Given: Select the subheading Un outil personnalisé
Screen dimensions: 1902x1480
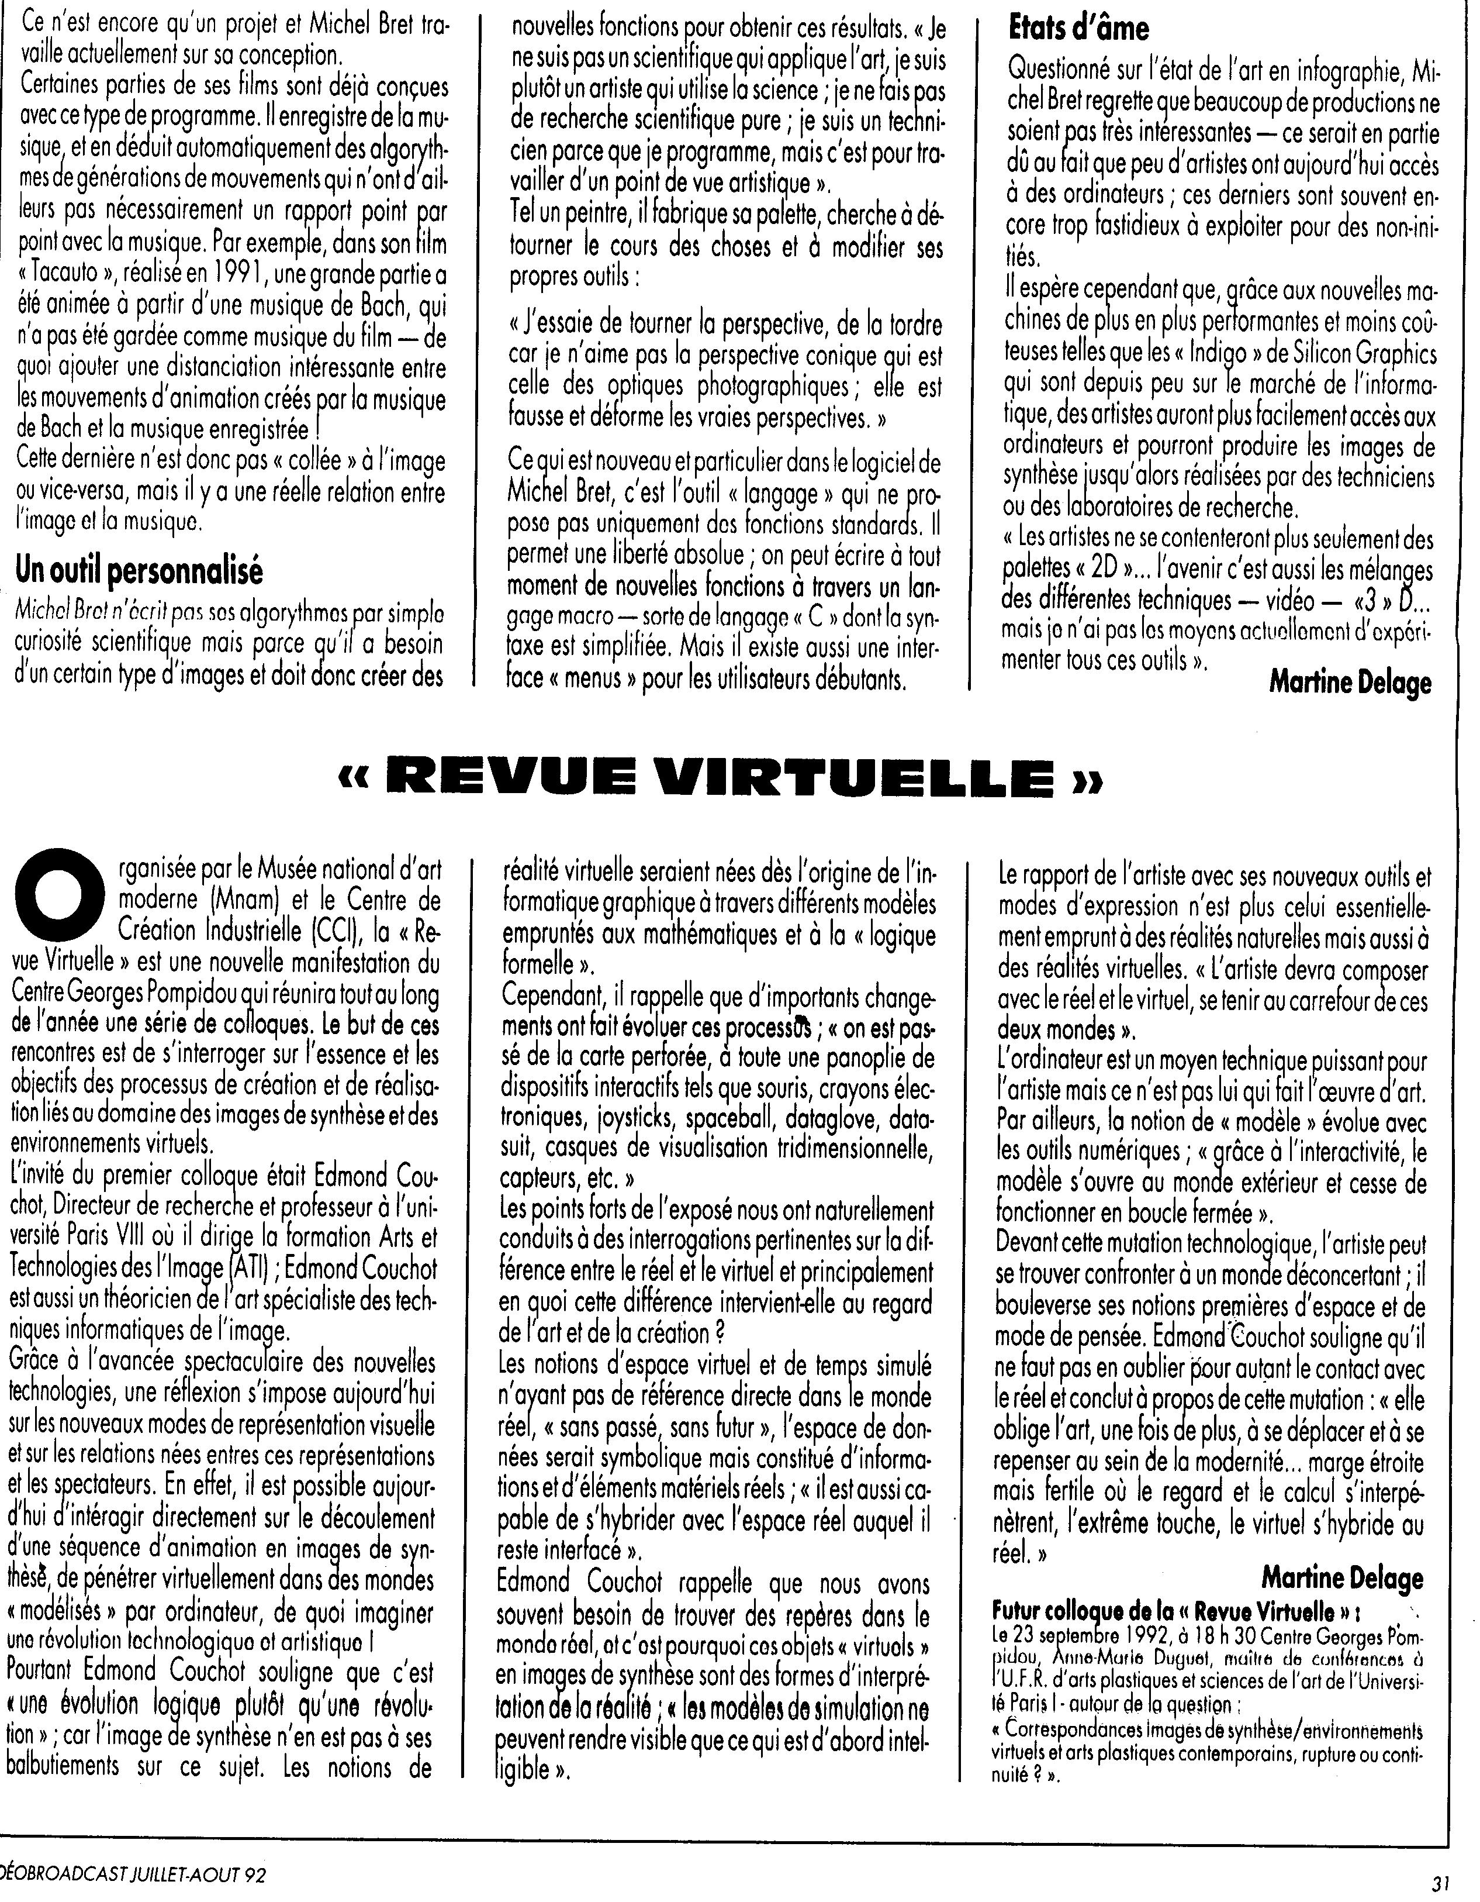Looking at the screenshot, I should pyautogui.click(x=139, y=571).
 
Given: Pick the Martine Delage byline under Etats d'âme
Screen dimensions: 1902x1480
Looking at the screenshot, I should pyautogui.click(x=1350, y=682).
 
